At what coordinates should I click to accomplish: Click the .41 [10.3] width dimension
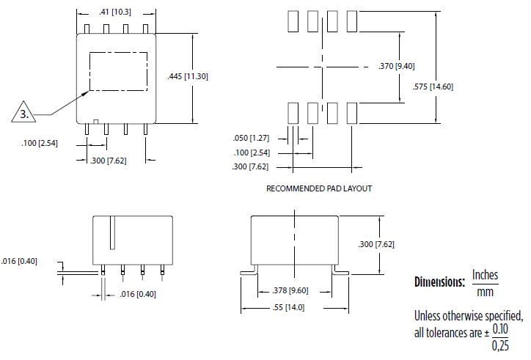point(115,12)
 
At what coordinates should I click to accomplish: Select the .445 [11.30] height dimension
point(188,76)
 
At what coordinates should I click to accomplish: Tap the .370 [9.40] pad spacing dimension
point(397,66)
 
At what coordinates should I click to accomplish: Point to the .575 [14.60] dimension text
point(433,87)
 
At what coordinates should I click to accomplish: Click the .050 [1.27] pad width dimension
point(251,138)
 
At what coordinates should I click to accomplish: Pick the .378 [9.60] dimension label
point(290,290)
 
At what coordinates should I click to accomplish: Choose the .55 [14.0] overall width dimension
point(288,307)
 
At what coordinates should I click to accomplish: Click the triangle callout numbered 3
point(23,112)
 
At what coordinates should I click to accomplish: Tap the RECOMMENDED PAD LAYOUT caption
point(319,188)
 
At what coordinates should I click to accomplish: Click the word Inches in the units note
point(485,275)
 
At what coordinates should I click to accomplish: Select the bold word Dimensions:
point(439,282)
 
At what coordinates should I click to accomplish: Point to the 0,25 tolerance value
point(500,345)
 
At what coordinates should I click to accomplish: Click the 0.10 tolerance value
point(500,328)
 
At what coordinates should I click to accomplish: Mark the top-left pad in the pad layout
point(293,21)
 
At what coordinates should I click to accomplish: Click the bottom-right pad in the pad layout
point(352,113)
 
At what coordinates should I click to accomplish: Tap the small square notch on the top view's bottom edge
point(96,122)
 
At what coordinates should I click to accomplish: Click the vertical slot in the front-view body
point(112,232)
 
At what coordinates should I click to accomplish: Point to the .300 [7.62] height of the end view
point(376,244)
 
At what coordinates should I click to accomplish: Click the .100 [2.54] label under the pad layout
point(252,153)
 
